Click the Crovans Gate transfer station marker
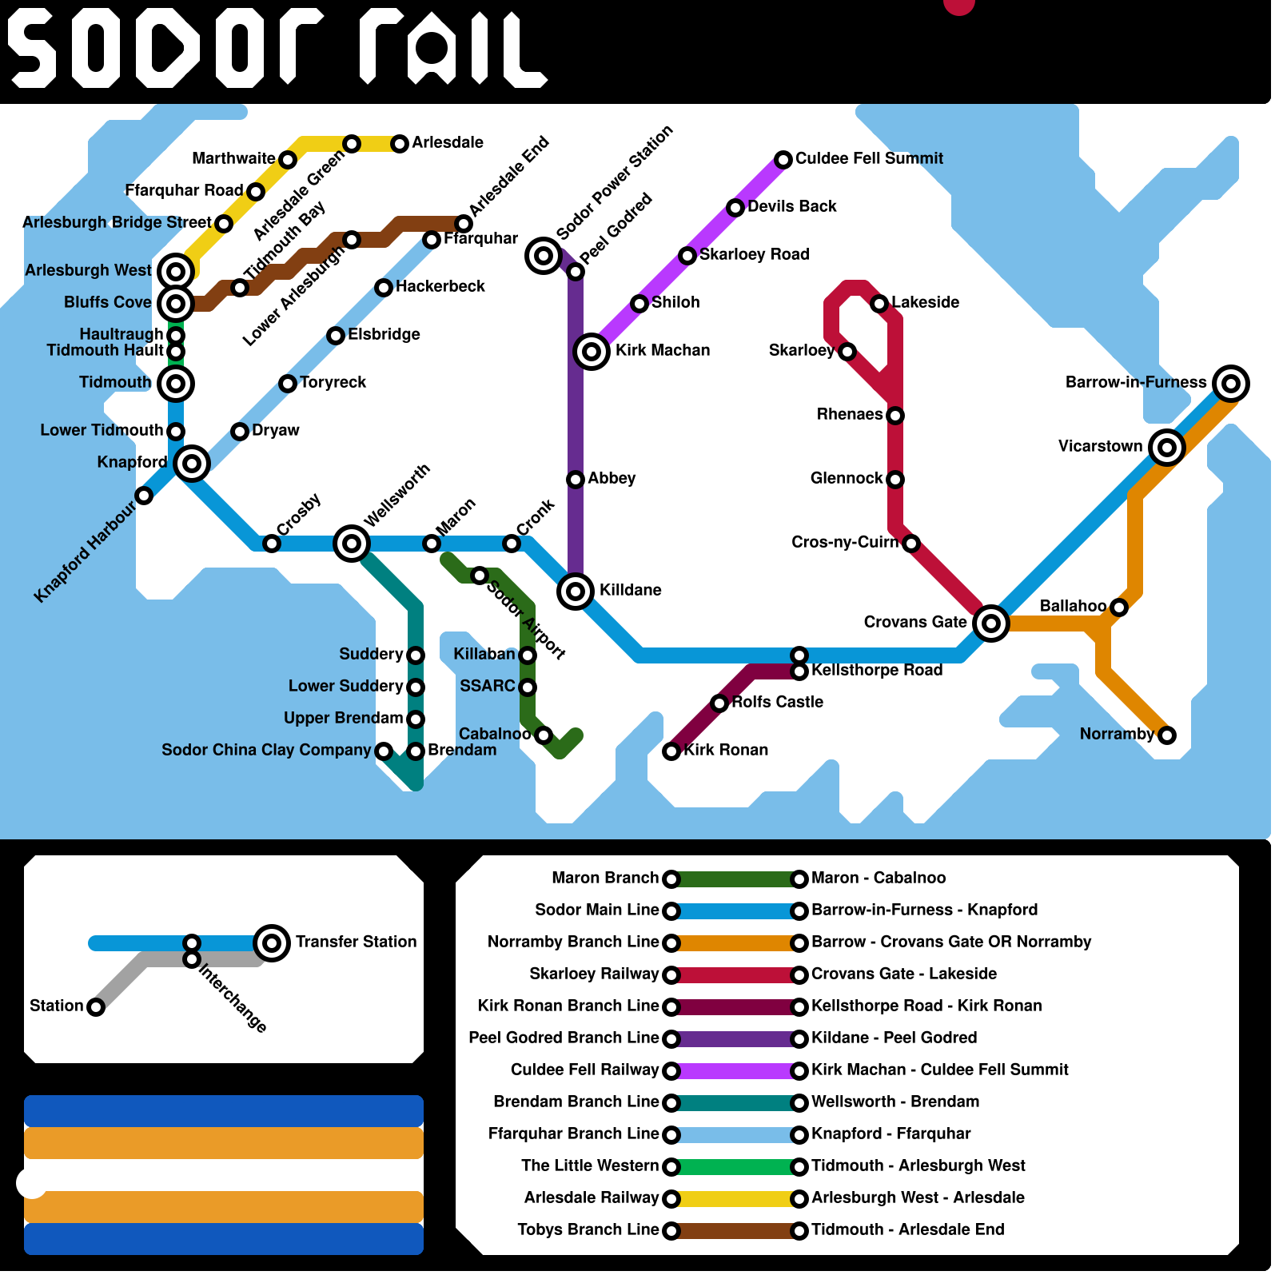(x=990, y=623)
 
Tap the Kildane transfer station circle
(x=575, y=591)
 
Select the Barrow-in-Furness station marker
(x=1230, y=383)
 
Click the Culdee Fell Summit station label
(x=869, y=158)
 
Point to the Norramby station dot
(x=1166, y=735)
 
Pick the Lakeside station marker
(x=879, y=303)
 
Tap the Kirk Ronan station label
(x=726, y=750)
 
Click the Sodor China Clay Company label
(x=266, y=750)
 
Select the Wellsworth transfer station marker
(x=351, y=543)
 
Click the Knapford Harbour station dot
(x=144, y=496)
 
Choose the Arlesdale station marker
(x=399, y=143)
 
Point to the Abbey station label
(x=612, y=478)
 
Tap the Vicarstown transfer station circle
(x=1166, y=447)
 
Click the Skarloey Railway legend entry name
(x=594, y=974)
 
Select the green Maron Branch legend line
(x=735, y=879)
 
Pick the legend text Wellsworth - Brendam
(x=895, y=1102)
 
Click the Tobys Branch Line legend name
(x=588, y=1229)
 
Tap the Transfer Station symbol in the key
(x=271, y=942)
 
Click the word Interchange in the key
(x=233, y=998)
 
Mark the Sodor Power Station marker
(x=543, y=255)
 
